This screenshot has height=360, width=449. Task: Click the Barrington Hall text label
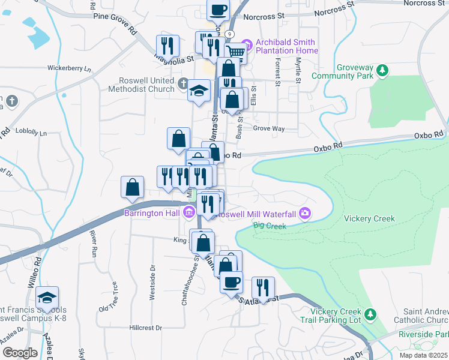[152, 212]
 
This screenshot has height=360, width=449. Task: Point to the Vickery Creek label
[370, 218]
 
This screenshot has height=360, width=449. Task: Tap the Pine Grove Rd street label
[115, 16]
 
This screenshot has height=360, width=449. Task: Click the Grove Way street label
[268, 128]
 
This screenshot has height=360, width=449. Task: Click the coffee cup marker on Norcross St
[218, 10]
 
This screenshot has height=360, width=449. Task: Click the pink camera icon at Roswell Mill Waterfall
[305, 213]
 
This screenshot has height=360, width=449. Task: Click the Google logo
[20, 353]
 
